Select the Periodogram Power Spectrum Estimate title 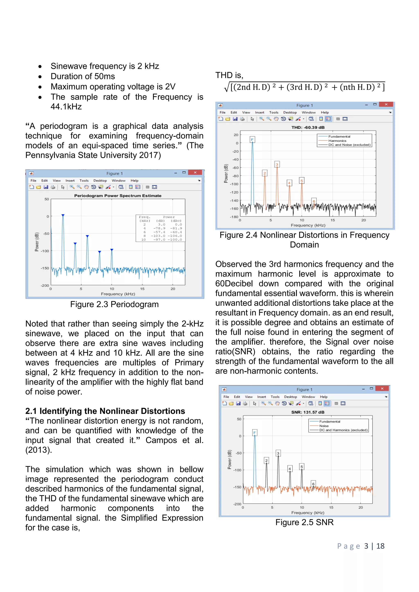click(118, 196)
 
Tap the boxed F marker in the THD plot click(252, 139)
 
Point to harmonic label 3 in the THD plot click(277, 164)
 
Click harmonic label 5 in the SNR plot click(302, 466)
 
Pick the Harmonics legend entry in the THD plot click(337, 141)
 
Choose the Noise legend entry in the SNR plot click(324, 426)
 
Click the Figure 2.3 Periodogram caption click(114, 304)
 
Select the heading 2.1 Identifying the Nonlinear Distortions click(105, 411)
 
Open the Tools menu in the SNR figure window click(275, 397)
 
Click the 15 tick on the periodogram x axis click(142, 289)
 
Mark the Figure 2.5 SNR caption click(304, 522)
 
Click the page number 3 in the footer click(366, 546)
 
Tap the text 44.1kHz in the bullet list click(66, 107)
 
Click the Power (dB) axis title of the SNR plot click(229, 459)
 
